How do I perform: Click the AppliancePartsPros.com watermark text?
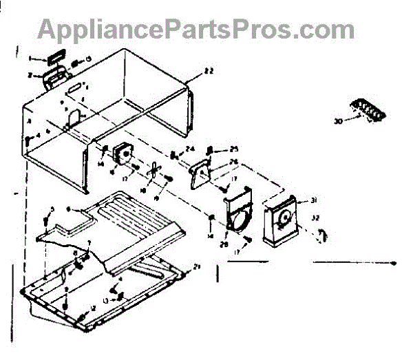click(x=196, y=29)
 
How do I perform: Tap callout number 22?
click(x=209, y=72)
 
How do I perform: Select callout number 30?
click(x=338, y=121)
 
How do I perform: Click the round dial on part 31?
click(x=283, y=221)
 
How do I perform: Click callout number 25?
click(x=233, y=148)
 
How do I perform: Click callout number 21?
click(x=197, y=266)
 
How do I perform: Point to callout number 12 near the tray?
click(x=92, y=308)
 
